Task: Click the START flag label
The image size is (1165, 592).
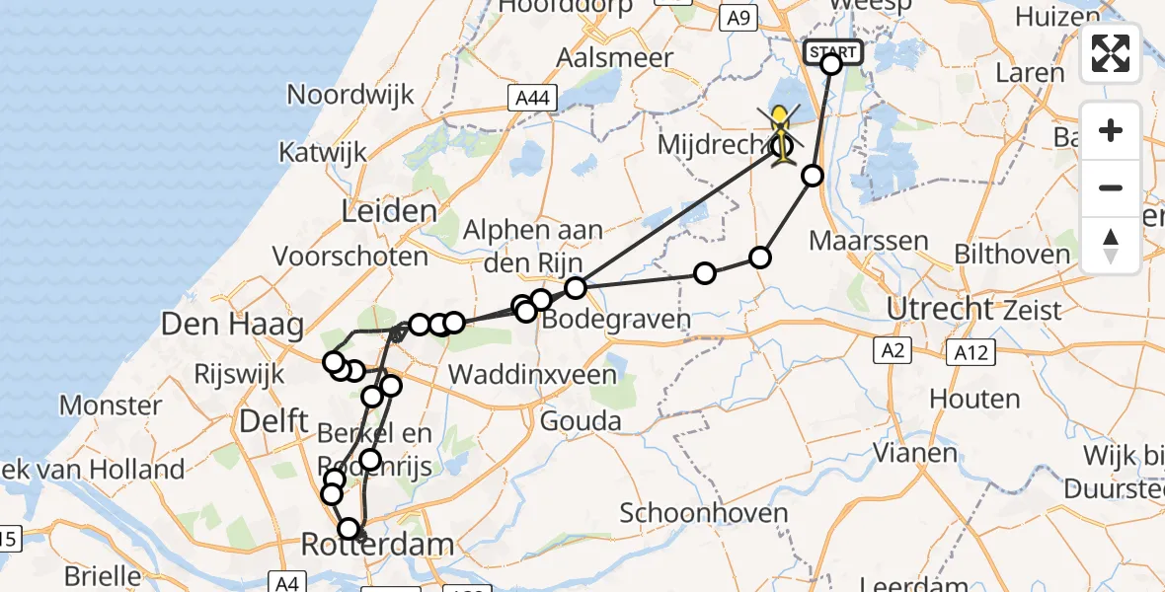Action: (x=834, y=51)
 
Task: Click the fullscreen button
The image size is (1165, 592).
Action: (x=1111, y=53)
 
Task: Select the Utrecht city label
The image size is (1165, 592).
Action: (x=938, y=308)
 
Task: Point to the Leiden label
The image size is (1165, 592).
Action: (x=389, y=211)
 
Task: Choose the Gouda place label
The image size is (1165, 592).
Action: (x=581, y=421)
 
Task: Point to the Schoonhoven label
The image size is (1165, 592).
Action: (x=704, y=513)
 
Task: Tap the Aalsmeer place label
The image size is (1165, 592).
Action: (x=615, y=57)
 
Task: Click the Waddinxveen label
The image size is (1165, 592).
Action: (x=533, y=375)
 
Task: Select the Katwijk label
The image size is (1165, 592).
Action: (x=323, y=153)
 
